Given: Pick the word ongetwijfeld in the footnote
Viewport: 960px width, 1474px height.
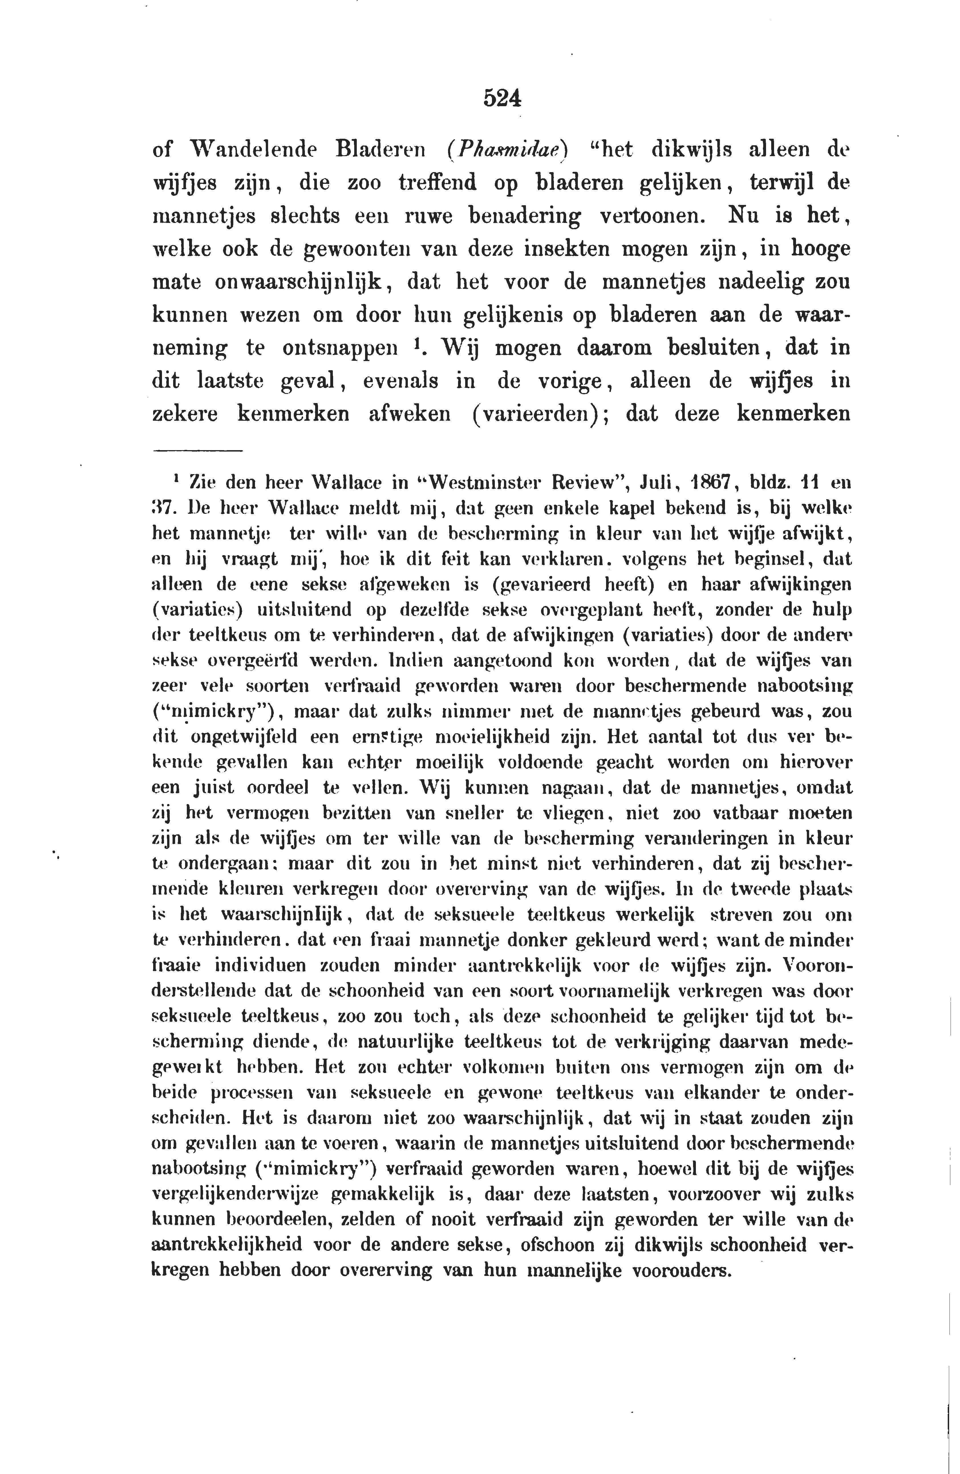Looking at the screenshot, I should point(244,737).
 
